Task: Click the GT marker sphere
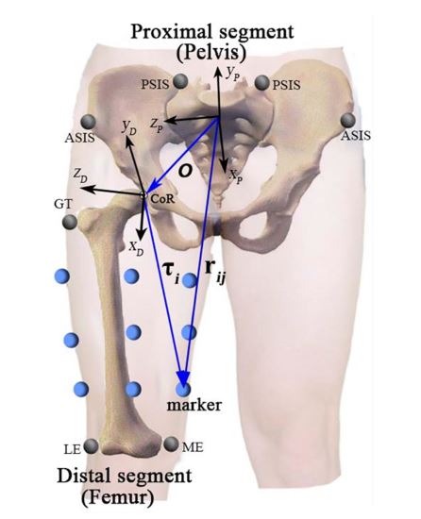[x=70, y=222]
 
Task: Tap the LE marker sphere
[x=91, y=446]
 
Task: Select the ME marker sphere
[x=171, y=444]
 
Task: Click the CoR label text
[x=161, y=199]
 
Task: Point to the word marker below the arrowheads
[x=194, y=405]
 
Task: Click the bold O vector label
[x=185, y=171]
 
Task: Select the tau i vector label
[x=172, y=273]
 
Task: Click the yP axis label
[x=232, y=74]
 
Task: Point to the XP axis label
[x=236, y=176]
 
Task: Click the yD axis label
[x=129, y=127]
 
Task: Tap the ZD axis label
[x=80, y=176]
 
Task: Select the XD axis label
[x=136, y=248]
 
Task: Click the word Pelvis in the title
[x=211, y=52]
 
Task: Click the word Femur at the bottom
[x=118, y=496]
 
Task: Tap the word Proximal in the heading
[x=171, y=31]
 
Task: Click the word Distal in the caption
[x=85, y=476]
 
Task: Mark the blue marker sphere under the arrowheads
[x=183, y=389]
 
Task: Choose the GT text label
[x=63, y=204]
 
